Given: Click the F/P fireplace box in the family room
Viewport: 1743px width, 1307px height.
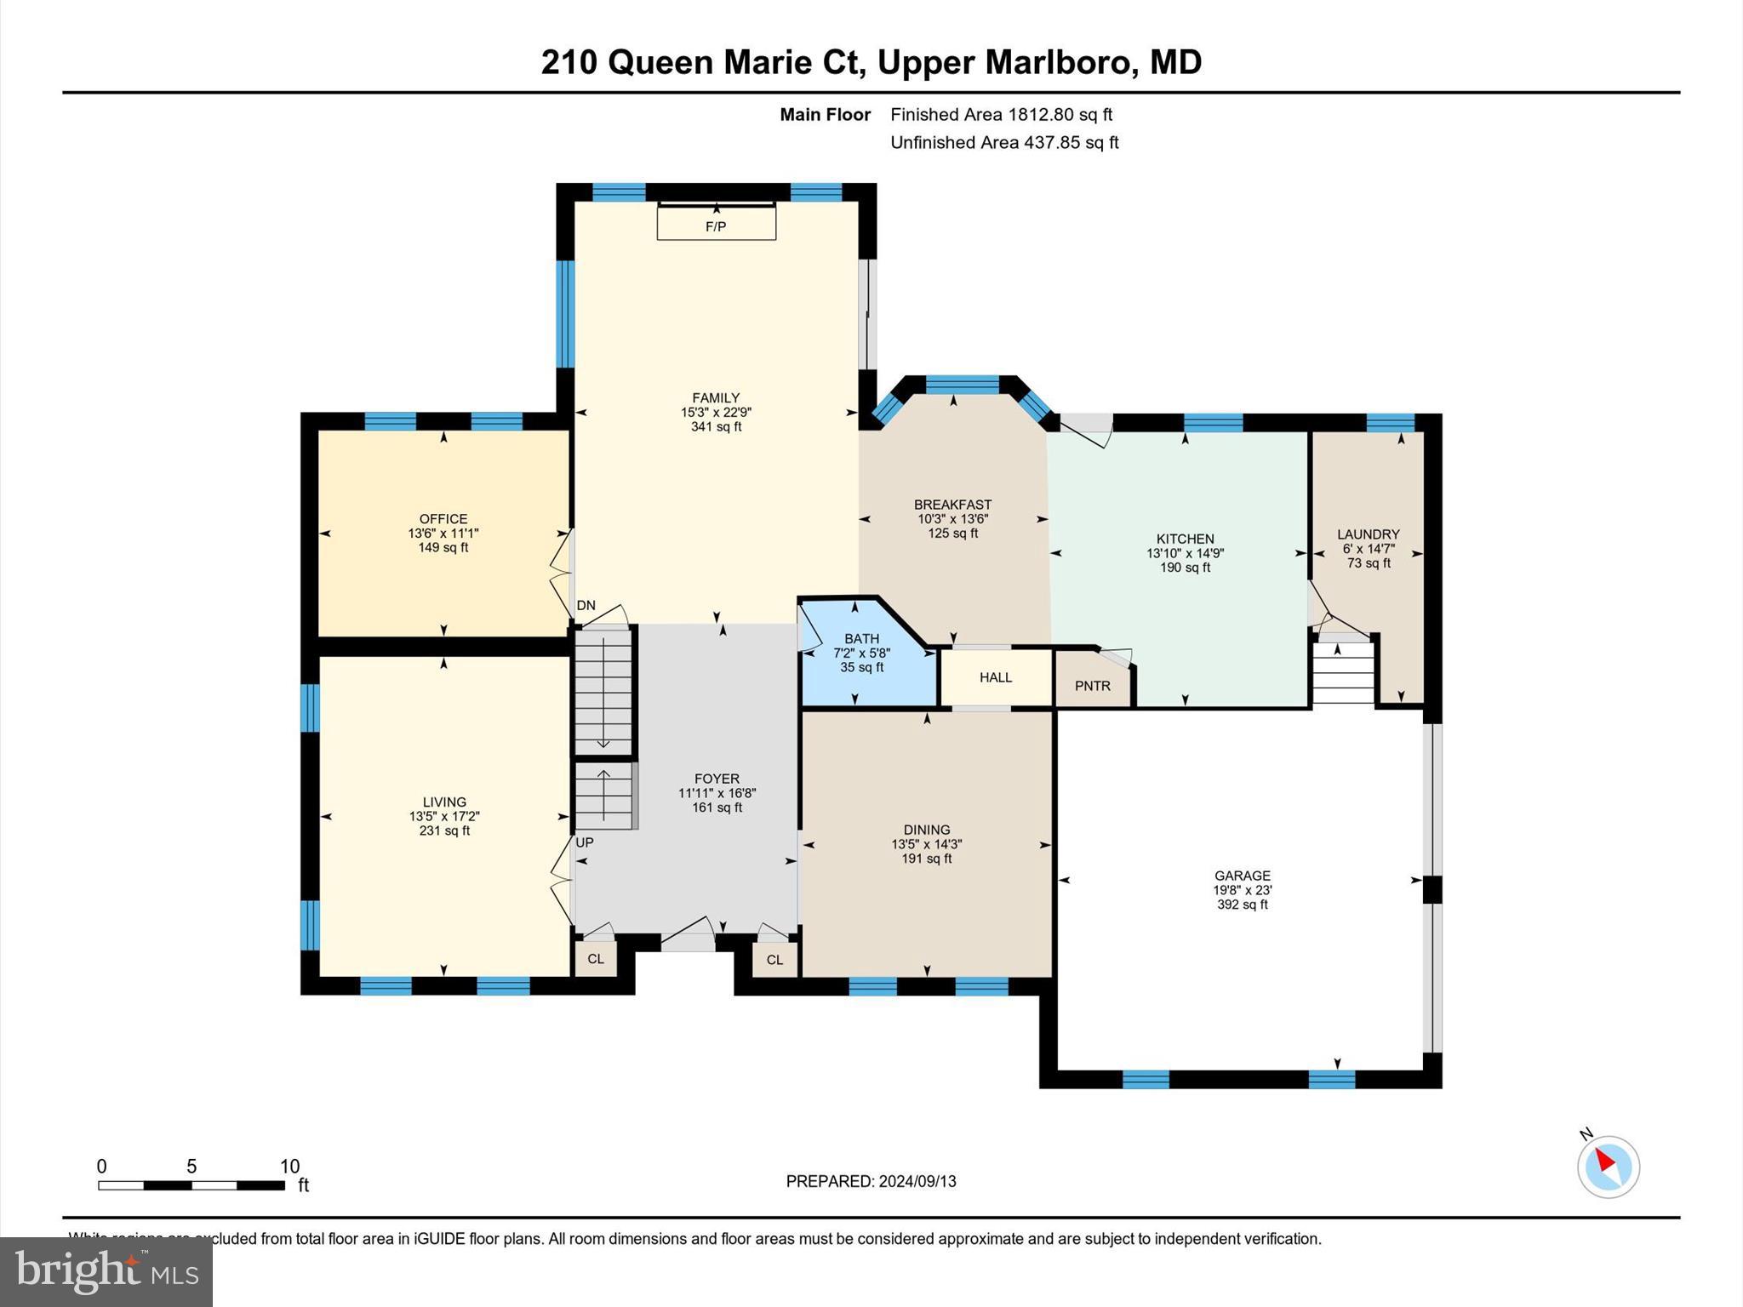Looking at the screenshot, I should (x=716, y=225).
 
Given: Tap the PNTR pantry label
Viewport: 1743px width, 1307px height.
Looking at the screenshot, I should (x=1092, y=686).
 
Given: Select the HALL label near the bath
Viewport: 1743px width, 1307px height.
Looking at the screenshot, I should (x=995, y=677).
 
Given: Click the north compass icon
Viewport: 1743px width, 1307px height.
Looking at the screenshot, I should (x=1608, y=1166).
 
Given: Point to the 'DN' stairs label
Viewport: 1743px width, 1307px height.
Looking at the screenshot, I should (x=586, y=606).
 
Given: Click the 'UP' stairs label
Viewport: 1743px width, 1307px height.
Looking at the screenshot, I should (x=585, y=842).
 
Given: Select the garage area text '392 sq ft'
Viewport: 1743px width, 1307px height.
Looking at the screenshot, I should (x=1242, y=905).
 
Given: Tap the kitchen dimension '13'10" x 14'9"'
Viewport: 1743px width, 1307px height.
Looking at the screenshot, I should (x=1185, y=553).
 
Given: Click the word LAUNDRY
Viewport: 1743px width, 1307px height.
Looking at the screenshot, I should (x=1368, y=534).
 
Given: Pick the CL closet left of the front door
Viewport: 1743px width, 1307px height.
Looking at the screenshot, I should (x=596, y=959).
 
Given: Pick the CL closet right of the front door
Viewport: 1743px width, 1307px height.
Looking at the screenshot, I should (x=774, y=960).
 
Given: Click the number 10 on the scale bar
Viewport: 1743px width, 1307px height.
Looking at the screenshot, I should (x=289, y=1167).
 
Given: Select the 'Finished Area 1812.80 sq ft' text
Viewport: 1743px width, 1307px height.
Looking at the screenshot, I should (x=1001, y=115).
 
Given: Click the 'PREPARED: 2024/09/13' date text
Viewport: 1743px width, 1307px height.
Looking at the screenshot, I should (x=871, y=1181).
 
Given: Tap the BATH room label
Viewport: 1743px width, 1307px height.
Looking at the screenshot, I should (x=861, y=639).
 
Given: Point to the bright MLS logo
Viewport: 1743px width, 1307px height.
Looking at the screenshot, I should (x=106, y=1271).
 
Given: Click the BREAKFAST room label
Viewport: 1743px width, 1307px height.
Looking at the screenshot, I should (x=952, y=505).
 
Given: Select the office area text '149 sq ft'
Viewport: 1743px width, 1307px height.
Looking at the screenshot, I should (x=443, y=548).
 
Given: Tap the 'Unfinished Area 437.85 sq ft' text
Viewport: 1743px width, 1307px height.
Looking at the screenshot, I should (x=1003, y=143).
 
